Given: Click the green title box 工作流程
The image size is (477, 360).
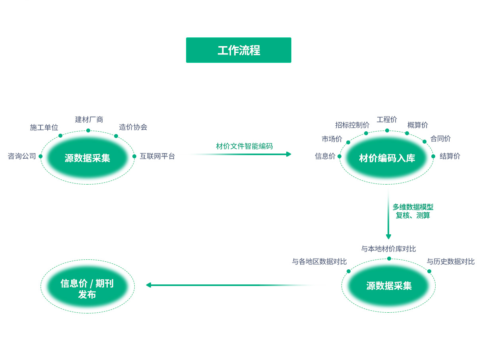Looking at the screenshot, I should point(238,50).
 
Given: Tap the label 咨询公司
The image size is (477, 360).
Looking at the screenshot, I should point(22,156).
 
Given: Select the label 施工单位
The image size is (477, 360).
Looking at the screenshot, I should point(44,127).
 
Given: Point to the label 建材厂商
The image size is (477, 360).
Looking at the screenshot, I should point(89,119).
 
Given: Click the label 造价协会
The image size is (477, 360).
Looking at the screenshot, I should point(133,127).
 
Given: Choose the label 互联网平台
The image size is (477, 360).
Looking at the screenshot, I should point(157,156).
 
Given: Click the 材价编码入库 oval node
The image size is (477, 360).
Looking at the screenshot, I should point(387,158).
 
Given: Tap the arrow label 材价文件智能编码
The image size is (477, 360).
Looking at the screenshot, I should point(244,146).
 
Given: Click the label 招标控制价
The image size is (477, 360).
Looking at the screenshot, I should point(352,125).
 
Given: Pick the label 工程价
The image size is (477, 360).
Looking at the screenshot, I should point(387,119).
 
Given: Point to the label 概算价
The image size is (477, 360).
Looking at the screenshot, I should point(418,125).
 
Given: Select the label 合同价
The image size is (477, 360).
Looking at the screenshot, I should point(440,138).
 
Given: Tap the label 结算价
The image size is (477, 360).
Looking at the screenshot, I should point(450,156).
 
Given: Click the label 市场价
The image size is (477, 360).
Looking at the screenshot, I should point(332,138).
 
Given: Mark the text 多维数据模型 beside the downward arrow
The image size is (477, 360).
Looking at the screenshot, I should point(413,207).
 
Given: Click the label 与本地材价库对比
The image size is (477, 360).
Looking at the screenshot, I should point(388,249).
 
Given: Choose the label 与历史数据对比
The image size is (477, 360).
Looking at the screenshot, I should point(450,261).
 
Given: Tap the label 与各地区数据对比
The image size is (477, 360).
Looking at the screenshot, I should point(319,261).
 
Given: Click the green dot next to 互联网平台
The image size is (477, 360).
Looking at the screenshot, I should point(134,156).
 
